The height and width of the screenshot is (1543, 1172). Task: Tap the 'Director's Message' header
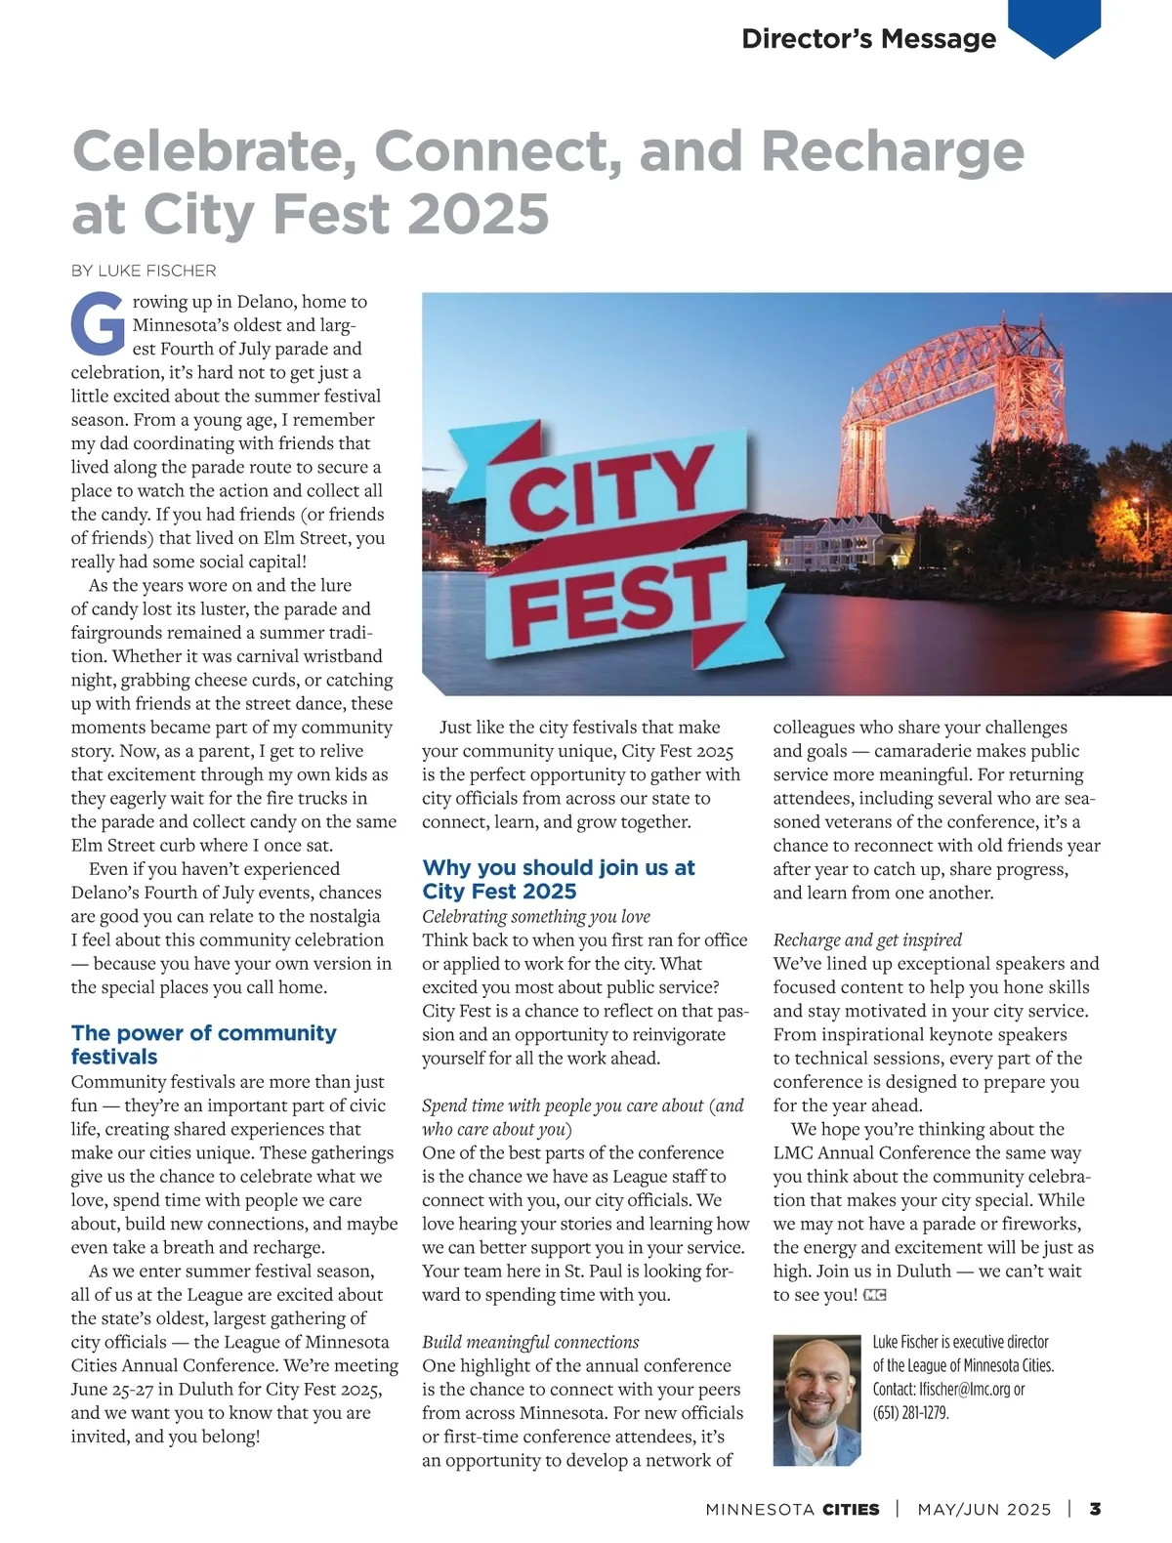click(x=868, y=38)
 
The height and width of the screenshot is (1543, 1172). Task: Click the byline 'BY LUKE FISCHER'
click(x=144, y=271)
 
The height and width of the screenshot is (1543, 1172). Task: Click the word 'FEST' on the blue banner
click(x=617, y=595)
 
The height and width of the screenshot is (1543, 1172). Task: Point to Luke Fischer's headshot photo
click(x=817, y=1400)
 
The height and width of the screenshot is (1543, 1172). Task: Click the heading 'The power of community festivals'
click(x=203, y=1044)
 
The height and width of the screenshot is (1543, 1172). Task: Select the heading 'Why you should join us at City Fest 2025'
click(x=558, y=879)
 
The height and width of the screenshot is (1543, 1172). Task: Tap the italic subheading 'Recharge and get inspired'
click(x=867, y=939)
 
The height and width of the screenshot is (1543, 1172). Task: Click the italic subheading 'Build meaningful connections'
click(x=530, y=1342)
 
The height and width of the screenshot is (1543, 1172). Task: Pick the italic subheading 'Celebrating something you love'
click(x=535, y=916)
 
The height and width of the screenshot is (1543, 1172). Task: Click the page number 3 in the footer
click(x=1095, y=1509)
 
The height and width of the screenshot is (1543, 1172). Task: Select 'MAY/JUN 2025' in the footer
click(x=984, y=1510)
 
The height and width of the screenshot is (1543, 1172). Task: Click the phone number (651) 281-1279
click(x=910, y=1412)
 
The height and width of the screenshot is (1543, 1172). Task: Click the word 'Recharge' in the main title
click(x=892, y=151)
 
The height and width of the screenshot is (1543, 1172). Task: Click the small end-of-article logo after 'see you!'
click(x=875, y=1295)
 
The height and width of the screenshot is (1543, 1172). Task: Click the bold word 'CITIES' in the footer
click(x=851, y=1510)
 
